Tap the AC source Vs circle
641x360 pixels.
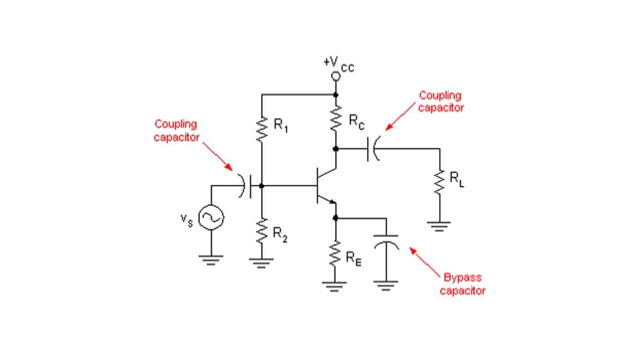[x=210, y=217]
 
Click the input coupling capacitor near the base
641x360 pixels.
[x=246, y=185]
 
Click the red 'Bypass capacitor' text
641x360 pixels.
[x=462, y=284]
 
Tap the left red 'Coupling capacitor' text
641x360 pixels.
[x=176, y=130]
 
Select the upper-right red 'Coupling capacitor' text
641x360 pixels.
[x=441, y=101]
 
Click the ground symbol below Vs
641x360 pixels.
[x=210, y=260]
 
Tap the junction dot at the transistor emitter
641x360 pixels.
[x=335, y=218]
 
